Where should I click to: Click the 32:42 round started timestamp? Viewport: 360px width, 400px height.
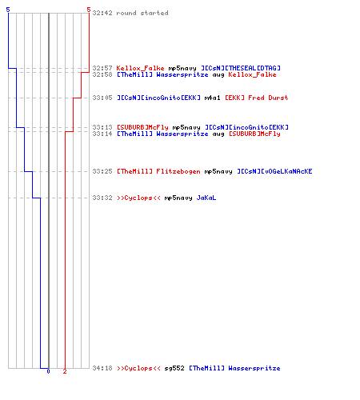click(102, 13)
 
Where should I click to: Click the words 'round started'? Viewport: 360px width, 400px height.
click(142, 13)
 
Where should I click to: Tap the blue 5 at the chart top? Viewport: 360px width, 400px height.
click(8, 10)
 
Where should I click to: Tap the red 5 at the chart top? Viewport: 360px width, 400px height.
click(89, 10)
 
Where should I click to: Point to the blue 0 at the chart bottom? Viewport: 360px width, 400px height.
click(48, 371)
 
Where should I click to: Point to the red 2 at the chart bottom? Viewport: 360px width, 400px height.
click(65, 371)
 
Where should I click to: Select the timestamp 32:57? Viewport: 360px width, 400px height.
click(102, 68)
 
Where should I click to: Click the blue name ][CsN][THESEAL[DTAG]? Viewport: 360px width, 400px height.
click(241, 68)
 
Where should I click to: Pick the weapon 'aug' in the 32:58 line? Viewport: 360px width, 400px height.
click(218, 75)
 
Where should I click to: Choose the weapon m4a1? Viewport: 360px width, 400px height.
click(212, 98)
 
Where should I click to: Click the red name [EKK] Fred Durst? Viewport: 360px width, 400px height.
click(257, 98)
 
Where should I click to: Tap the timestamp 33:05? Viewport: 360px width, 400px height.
click(102, 98)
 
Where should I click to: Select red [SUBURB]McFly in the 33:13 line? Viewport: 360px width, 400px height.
click(142, 127)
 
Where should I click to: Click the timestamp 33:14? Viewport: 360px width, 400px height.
click(102, 134)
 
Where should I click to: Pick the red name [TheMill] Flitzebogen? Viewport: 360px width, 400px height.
click(158, 171)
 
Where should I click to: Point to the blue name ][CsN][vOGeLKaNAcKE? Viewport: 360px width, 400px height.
click(274, 171)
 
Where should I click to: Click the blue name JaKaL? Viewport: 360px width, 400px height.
click(206, 198)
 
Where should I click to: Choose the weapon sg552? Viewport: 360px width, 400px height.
click(174, 368)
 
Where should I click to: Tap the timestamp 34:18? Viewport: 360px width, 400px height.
click(102, 368)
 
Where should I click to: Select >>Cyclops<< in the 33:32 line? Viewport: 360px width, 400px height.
click(138, 198)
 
